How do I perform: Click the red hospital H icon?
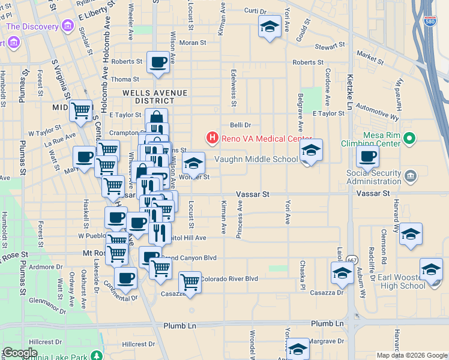(212, 139)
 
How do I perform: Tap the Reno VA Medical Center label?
(267, 139)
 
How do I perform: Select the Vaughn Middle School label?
(256, 159)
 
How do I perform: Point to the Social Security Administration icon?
(410, 176)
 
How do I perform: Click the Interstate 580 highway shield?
(429, 20)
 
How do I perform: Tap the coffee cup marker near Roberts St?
(158, 62)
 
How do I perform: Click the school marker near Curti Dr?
(270, 26)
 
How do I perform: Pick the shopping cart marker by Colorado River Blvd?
(190, 281)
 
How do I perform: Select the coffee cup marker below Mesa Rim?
(367, 157)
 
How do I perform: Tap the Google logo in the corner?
(20, 353)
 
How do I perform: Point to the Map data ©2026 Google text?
(412, 355)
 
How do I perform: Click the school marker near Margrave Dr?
(298, 349)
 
